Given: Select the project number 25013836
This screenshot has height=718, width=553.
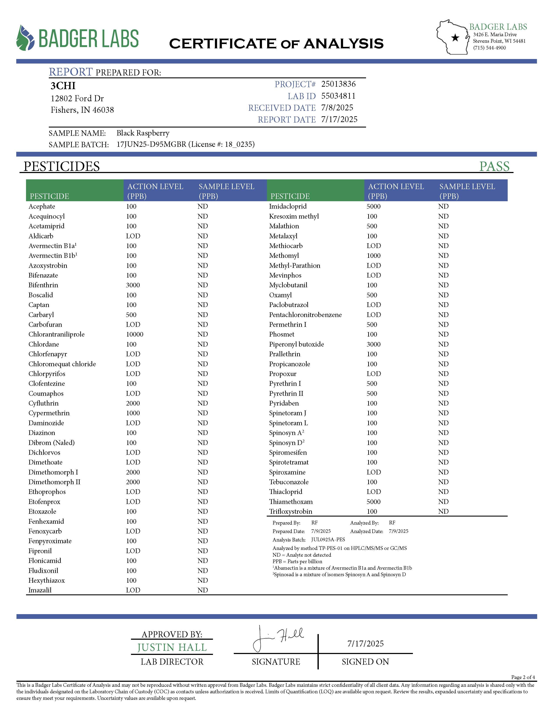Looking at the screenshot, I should pyautogui.click(x=338, y=84).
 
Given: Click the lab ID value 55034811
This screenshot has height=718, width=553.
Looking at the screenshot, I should pyautogui.click(x=338, y=96).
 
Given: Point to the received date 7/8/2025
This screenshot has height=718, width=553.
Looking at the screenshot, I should pyautogui.click(x=337, y=108).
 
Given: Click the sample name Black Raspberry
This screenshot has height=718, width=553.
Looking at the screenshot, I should pyautogui.click(x=143, y=133).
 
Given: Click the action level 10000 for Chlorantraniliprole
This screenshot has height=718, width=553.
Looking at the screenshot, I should pyautogui.click(x=134, y=334).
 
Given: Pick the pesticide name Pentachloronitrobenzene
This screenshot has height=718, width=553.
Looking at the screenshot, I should pyautogui.click(x=305, y=315).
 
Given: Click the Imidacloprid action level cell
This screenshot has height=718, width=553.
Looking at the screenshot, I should pyautogui.click(x=373, y=206).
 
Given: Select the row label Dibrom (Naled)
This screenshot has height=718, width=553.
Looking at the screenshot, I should pyautogui.click(x=52, y=443).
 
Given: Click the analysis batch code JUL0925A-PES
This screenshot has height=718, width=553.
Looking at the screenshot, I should pyautogui.click(x=328, y=540).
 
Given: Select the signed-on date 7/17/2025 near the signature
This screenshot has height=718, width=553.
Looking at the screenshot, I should pyautogui.click(x=365, y=644).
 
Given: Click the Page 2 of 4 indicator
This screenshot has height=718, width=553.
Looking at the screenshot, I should pyautogui.click(x=523, y=677).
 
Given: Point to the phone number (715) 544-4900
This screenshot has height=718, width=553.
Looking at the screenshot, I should pyautogui.click(x=489, y=48).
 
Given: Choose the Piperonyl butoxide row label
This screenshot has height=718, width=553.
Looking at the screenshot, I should pyautogui.click(x=296, y=344).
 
